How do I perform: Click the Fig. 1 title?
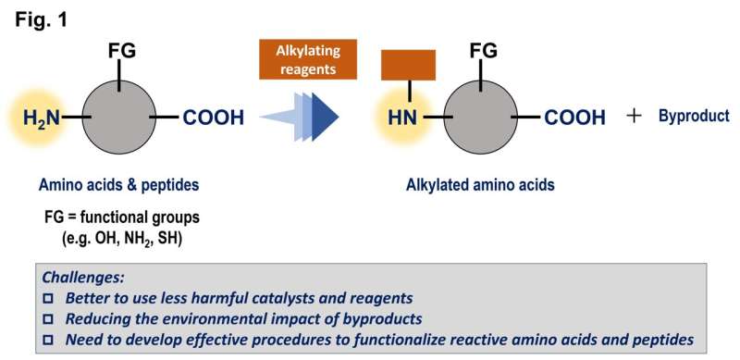click(x=39, y=18)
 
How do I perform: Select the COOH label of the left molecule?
click(x=214, y=118)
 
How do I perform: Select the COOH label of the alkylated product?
click(x=574, y=118)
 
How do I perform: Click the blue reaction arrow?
click(x=301, y=118)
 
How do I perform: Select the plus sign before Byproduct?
click(x=634, y=117)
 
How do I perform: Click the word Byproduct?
click(x=694, y=117)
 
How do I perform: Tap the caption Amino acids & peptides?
click(x=119, y=185)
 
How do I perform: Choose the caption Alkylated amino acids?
click(x=480, y=185)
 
